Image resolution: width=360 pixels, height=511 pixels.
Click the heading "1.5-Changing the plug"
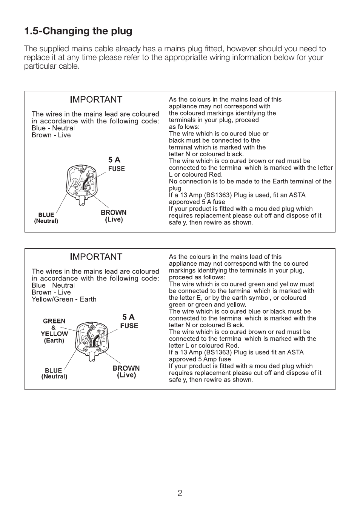(78, 31)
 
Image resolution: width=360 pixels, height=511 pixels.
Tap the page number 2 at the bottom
(180, 493)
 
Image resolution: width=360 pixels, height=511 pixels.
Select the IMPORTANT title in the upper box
(96, 100)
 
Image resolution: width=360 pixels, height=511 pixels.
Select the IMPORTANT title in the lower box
(96, 257)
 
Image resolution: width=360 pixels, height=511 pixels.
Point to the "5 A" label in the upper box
(114, 160)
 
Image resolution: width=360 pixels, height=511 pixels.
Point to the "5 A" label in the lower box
(128, 317)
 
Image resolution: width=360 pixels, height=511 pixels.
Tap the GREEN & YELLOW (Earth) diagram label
(54, 331)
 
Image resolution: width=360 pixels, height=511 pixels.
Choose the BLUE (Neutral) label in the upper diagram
(46, 218)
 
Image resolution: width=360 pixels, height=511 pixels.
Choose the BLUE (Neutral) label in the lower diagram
(54, 373)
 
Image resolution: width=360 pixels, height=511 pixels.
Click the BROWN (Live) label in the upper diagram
(114, 216)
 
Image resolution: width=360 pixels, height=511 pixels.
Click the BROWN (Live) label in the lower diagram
(126, 371)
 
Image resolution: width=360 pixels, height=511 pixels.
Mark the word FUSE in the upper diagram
(116, 169)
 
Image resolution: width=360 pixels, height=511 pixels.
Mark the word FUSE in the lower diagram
(129, 326)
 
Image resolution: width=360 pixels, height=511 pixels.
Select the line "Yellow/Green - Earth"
(64, 299)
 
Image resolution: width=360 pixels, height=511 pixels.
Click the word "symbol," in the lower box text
(261, 298)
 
